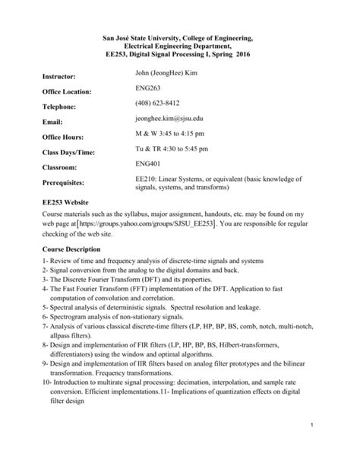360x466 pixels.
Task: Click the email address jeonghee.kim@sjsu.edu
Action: (169, 119)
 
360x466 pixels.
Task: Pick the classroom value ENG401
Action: (149, 163)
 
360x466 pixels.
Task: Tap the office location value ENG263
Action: (149, 90)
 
